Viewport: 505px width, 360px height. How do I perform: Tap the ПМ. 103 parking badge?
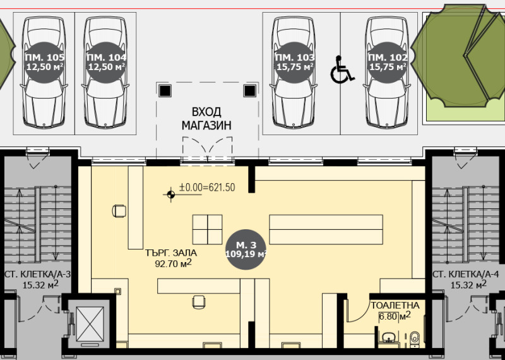click(x=294, y=62)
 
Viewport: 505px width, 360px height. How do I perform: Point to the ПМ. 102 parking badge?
click(x=388, y=62)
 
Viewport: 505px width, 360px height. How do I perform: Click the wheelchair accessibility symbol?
click(x=342, y=69)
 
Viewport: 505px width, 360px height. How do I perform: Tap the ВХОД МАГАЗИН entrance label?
click(x=206, y=119)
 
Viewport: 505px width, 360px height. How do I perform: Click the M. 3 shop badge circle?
click(x=246, y=249)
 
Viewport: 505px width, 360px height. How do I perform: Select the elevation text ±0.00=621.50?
click(x=207, y=187)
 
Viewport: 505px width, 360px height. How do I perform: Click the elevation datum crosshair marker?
click(x=170, y=194)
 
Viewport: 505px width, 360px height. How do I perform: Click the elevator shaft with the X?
click(x=90, y=323)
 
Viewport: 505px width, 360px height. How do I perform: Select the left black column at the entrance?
click(x=165, y=91)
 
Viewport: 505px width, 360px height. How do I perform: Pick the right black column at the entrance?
click(x=249, y=91)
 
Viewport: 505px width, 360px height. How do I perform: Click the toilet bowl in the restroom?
click(x=415, y=339)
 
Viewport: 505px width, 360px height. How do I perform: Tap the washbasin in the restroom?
click(x=390, y=337)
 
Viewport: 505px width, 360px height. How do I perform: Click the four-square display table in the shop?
click(x=208, y=229)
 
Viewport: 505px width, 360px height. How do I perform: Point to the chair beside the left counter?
click(x=119, y=211)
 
